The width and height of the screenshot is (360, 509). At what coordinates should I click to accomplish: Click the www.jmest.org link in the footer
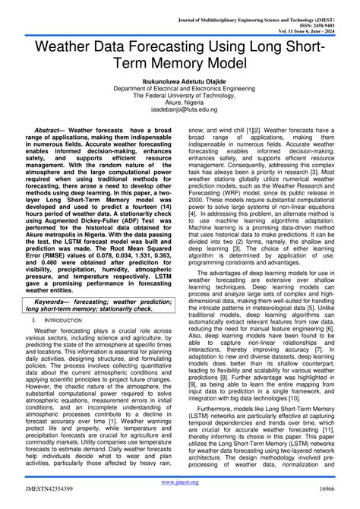tap(180, 482)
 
